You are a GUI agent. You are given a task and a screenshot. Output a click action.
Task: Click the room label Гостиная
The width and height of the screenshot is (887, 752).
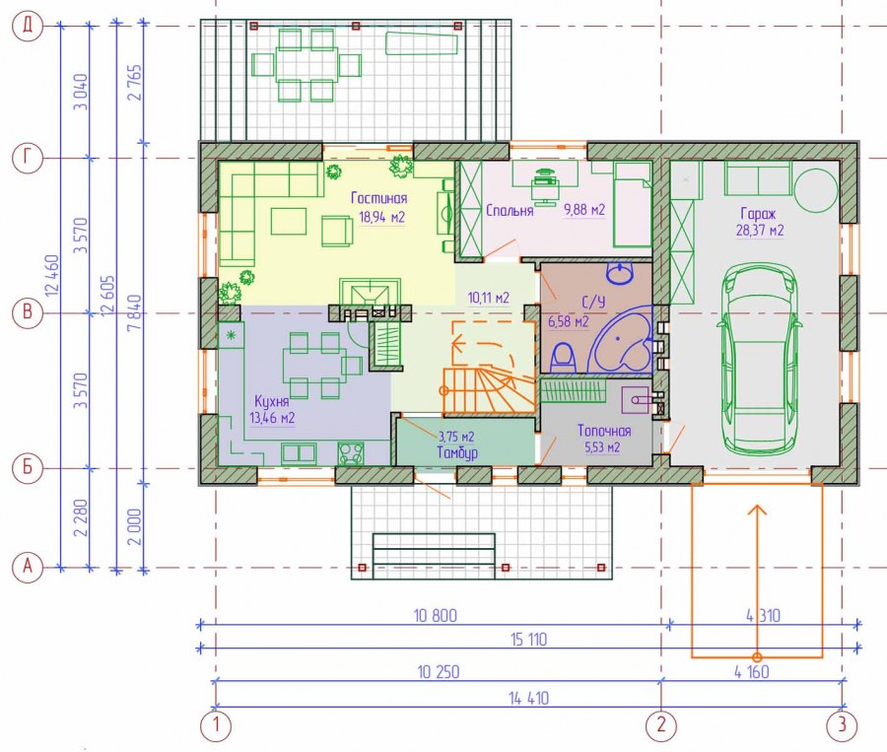coord(378,198)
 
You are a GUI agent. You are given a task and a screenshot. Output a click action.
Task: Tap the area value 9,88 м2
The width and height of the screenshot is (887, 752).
coord(584,210)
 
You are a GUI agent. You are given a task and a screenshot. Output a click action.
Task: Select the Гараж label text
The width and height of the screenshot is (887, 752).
coord(758,213)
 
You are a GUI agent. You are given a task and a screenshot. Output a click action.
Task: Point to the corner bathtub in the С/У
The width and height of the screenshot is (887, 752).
coord(621,338)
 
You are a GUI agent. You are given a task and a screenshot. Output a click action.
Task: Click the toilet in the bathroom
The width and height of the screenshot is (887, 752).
coord(563,358)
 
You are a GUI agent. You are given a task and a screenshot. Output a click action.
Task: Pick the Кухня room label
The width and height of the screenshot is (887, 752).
coord(272,401)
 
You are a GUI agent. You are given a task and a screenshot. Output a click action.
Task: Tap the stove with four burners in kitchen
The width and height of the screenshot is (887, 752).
coord(351,453)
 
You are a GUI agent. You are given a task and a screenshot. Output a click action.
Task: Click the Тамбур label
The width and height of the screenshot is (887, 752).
coord(457,452)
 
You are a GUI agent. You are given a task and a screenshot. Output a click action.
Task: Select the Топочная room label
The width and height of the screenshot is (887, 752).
coord(603,431)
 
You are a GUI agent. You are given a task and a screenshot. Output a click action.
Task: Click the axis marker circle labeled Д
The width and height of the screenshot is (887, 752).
coord(28,26)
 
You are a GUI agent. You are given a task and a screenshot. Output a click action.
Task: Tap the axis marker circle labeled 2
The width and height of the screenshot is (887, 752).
coord(661,724)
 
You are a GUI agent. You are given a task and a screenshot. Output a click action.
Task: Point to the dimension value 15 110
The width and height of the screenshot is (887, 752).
coord(528,640)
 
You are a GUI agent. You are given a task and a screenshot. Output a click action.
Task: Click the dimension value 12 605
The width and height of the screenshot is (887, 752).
coord(108,297)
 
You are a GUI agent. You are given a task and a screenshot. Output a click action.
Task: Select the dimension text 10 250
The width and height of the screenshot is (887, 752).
coord(439,671)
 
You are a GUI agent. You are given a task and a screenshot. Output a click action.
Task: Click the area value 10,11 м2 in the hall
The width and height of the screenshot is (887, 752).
coord(488,298)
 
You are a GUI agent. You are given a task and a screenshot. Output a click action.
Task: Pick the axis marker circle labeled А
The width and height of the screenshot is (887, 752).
coord(28,566)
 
